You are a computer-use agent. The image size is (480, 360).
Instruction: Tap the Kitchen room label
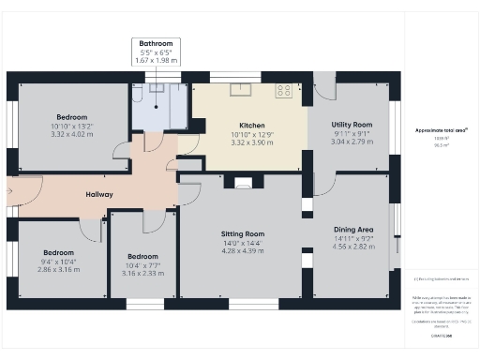coord(251,125)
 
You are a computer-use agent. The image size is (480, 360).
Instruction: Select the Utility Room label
coord(352,125)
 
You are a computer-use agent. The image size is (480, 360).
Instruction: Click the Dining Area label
coord(353,229)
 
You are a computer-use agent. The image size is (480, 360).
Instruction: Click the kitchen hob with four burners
coord(282,91)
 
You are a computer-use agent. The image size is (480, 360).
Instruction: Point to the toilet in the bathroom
coord(138,93)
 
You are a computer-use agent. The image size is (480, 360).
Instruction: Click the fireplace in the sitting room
coord(243,185)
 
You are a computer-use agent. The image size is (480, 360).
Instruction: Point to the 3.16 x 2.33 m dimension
coord(142,274)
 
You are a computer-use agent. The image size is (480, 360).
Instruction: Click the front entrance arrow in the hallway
coord(10,195)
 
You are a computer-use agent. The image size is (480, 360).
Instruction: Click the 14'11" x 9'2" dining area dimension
coord(353,239)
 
